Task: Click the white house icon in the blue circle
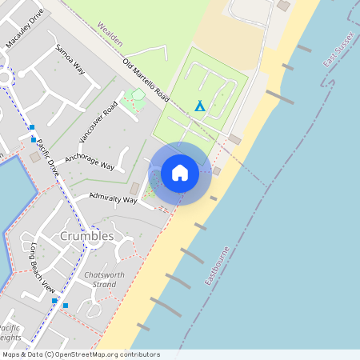coord(180,173)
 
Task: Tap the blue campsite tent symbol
coord(199,105)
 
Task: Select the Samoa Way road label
coord(70,58)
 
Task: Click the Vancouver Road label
coord(98,123)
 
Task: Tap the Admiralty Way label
coord(113,197)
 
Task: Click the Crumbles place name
coord(87,237)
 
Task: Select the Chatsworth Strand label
coord(100,279)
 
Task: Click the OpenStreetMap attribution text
coord(80,354)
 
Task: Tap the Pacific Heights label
coord(10,333)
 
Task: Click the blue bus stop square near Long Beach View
coord(66,305)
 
